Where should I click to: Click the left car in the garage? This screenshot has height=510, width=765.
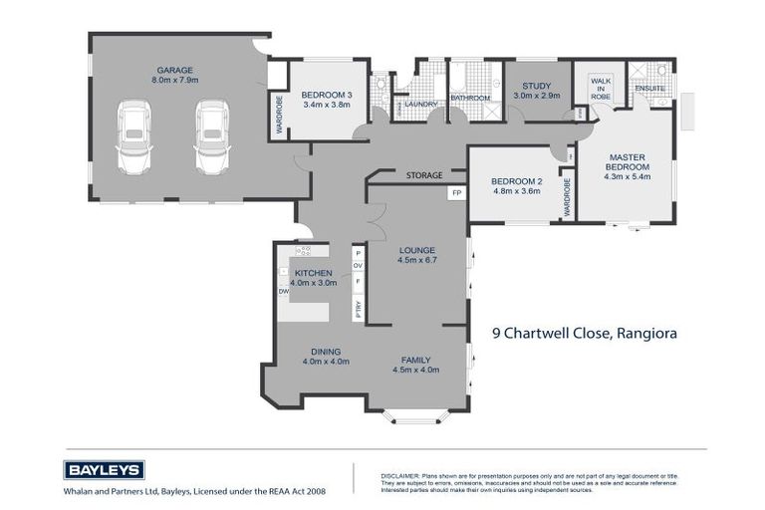[133, 136]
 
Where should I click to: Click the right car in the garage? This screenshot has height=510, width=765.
[211, 136]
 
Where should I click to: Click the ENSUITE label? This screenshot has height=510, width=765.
[649, 88]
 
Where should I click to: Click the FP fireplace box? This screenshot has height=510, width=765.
[457, 192]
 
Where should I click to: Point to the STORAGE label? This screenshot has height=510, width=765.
[424, 176]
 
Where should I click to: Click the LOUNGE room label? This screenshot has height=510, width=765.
[417, 255]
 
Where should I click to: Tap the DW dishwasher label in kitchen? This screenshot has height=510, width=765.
[284, 292]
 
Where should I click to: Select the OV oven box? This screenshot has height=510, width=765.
[359, 266]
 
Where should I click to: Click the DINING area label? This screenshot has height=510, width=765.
[326, 356]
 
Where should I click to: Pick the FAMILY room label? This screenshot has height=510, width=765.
[415, 364]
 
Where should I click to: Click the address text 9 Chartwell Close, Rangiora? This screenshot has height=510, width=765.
[585, 334]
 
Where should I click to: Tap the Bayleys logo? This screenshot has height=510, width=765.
[105, 470]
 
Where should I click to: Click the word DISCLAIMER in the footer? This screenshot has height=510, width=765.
[399, 476]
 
